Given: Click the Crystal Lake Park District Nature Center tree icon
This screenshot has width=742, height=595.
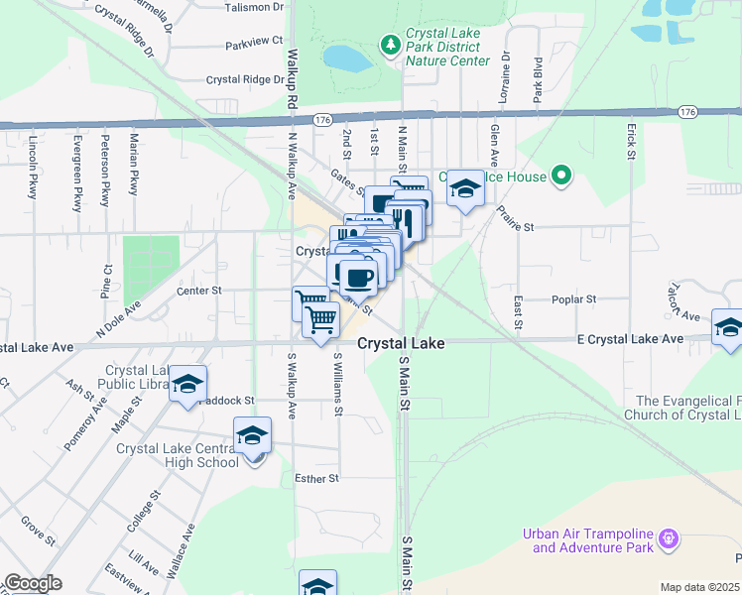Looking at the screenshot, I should (x=390, y=45).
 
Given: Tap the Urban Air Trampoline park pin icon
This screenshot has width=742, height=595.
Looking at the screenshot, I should (x=670, y=537).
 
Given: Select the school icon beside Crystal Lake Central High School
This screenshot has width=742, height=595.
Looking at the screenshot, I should (x=252, y=435).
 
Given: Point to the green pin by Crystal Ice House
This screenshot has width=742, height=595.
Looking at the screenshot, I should (x=561, y=178).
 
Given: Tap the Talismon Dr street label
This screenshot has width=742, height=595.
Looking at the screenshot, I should (x=254, y=7).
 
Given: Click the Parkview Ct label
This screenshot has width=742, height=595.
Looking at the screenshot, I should (x=254, y=44).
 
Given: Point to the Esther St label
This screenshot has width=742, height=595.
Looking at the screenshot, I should (x=317, y=478).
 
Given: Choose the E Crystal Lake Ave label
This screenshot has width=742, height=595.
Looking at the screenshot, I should (x=630, y=339).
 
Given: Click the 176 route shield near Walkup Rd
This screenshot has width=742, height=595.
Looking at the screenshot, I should (x=321, y=119).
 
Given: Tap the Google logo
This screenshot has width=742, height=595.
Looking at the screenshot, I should (x=32, y=583).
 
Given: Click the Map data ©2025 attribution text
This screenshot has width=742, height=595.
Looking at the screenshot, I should (x=699, y=587).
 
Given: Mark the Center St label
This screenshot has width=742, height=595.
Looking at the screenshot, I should (x=197, y=291).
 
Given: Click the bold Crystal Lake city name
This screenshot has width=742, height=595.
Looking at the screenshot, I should (x=400, y=343).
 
